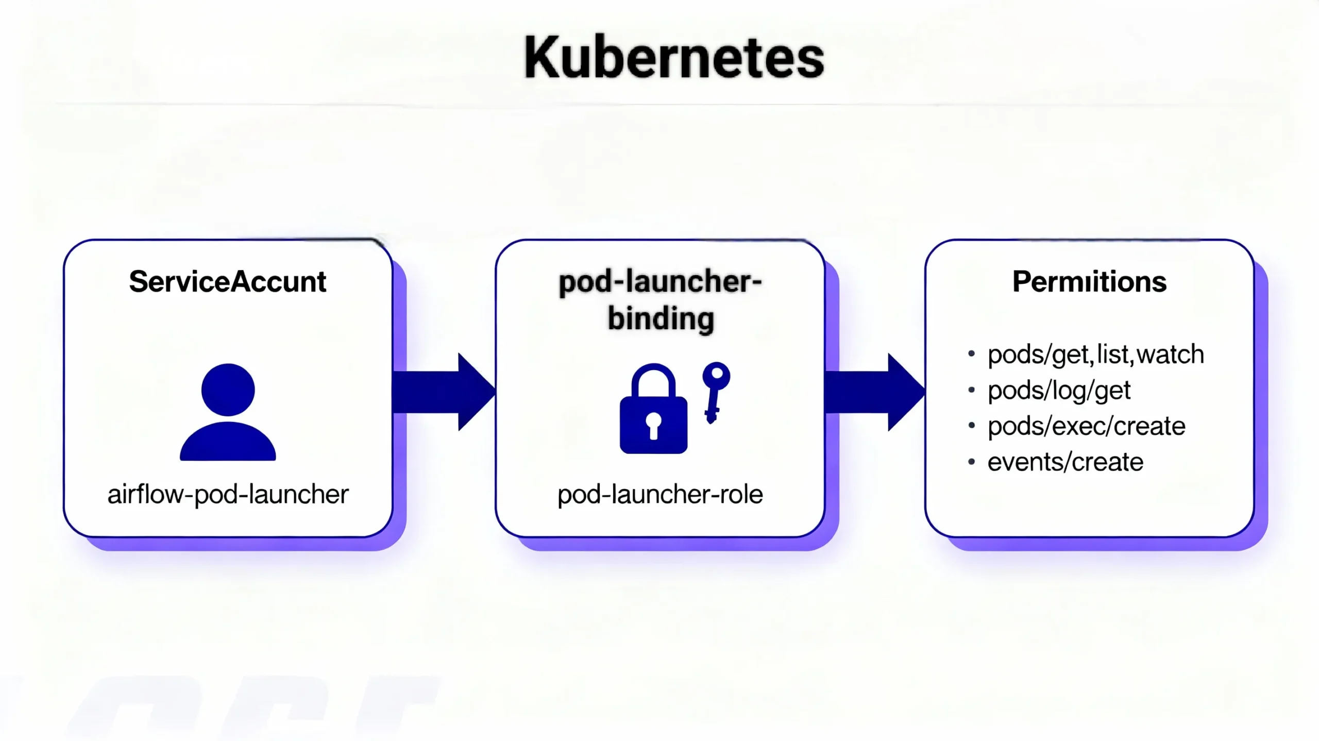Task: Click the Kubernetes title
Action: pos(674,58)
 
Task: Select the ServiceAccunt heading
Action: pos(227,282)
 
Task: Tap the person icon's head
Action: pos(228,389)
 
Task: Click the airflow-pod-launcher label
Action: pos(228,495)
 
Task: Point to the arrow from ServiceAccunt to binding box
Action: pos(443,392)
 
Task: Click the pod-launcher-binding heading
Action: pos(661,300)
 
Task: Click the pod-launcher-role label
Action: pos(660,495)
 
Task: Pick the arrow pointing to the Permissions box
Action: pos(874,392)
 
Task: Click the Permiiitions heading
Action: pos(1089,282)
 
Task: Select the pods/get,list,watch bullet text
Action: pos(1095,355)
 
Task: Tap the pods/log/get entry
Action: pos(1059,391)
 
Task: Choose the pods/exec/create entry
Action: pos(1086,426)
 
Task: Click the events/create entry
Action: pos(1065,462)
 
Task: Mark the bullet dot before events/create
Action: pos(971,462)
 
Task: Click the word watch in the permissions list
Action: pos(1170,355)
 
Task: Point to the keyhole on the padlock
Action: pos(653,424)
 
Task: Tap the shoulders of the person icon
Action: pos(228,443)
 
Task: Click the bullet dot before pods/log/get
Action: pos(971,390)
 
